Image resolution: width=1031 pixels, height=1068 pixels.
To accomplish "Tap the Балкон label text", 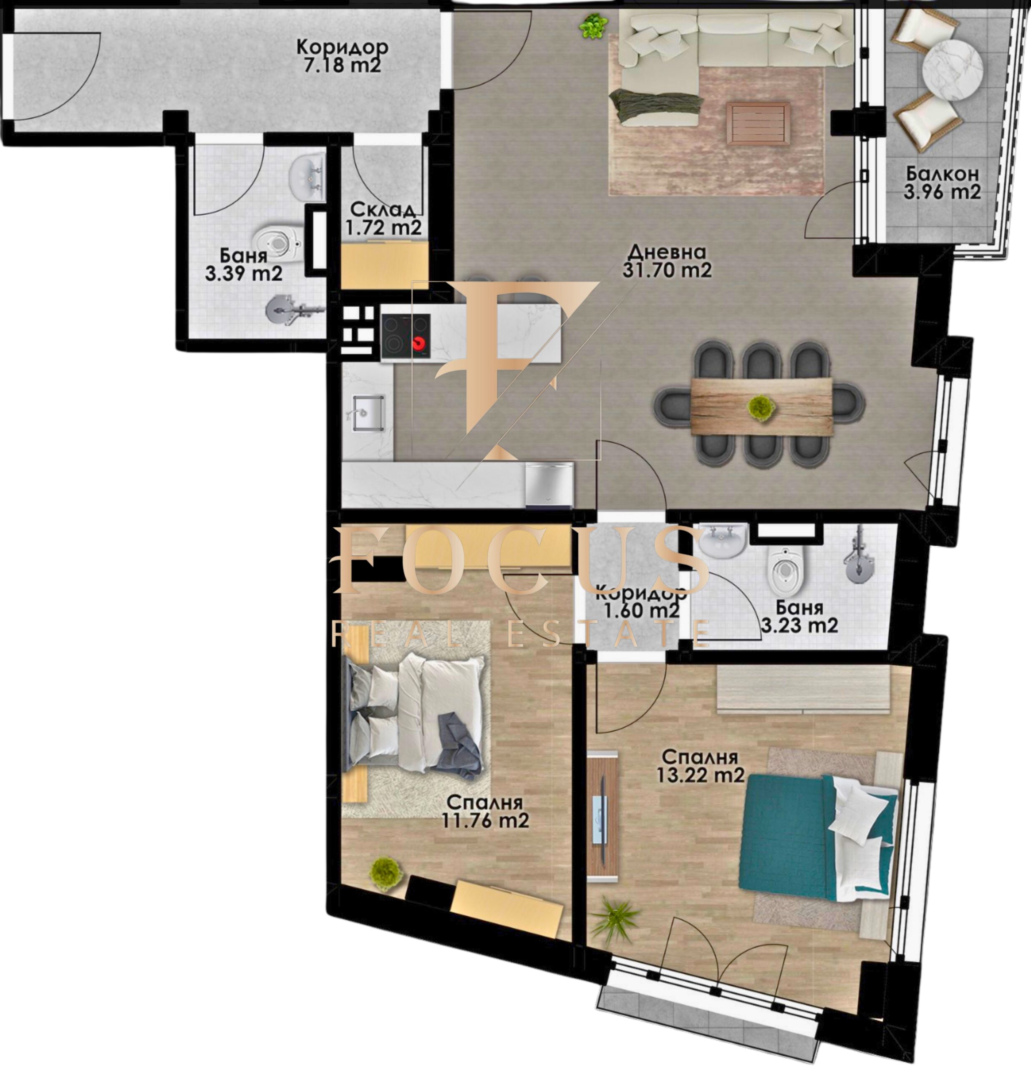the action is [942, 174].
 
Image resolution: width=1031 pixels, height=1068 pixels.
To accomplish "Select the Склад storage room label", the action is [383, 210].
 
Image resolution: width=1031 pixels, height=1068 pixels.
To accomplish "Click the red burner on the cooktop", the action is [418, 343].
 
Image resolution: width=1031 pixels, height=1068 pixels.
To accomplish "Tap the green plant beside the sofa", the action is [593, 25].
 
